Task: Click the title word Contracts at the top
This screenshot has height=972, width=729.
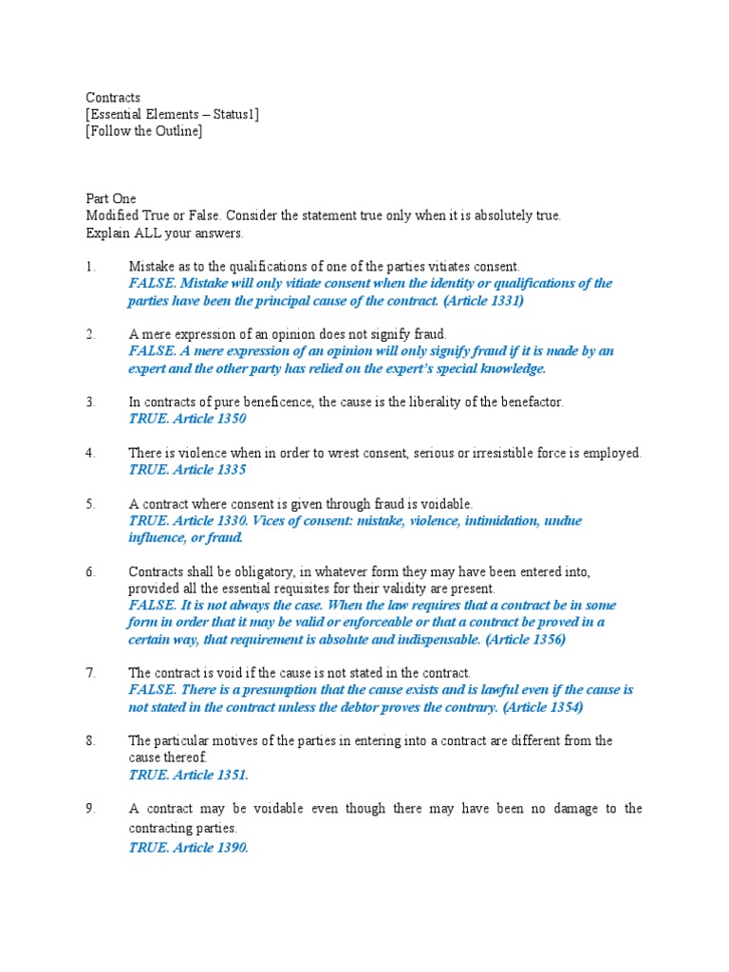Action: (113, 98)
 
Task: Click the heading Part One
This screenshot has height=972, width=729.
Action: (111, 199)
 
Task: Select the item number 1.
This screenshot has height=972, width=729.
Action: (90, 268)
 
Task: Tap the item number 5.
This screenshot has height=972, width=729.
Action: (90, 504)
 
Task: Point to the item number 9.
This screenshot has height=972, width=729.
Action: (90, 809)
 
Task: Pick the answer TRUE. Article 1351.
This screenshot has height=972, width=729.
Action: (188, 776)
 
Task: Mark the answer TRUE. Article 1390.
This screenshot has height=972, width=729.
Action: (188, 849)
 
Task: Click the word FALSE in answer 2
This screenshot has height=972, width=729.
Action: (150, 351)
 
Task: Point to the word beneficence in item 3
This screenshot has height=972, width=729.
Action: (273, 402)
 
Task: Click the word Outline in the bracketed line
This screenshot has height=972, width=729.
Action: (175, 132)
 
